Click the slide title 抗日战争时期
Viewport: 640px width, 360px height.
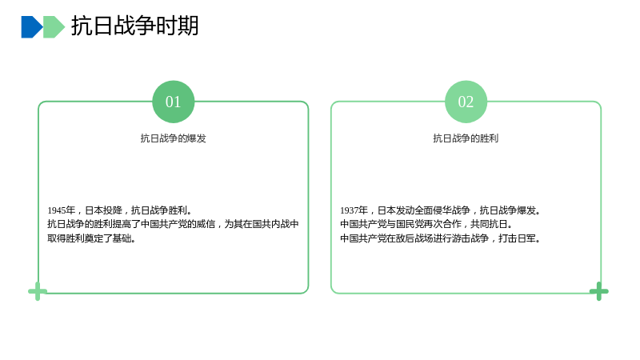point(134,26)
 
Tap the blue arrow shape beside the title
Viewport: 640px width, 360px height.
point(32,27)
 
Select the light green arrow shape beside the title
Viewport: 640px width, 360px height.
point(54,27)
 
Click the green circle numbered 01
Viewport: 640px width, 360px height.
point(173,102)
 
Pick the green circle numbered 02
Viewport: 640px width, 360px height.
point(466,102)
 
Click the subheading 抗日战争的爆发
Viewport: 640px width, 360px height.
point(173,138)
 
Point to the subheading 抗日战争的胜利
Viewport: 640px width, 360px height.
point(466,138)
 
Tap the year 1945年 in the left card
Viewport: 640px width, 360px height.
point(62,210)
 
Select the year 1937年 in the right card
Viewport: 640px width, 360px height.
point(354,210)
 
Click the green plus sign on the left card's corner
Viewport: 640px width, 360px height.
point(38,291)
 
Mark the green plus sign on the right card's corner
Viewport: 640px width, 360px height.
point(598,291)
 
